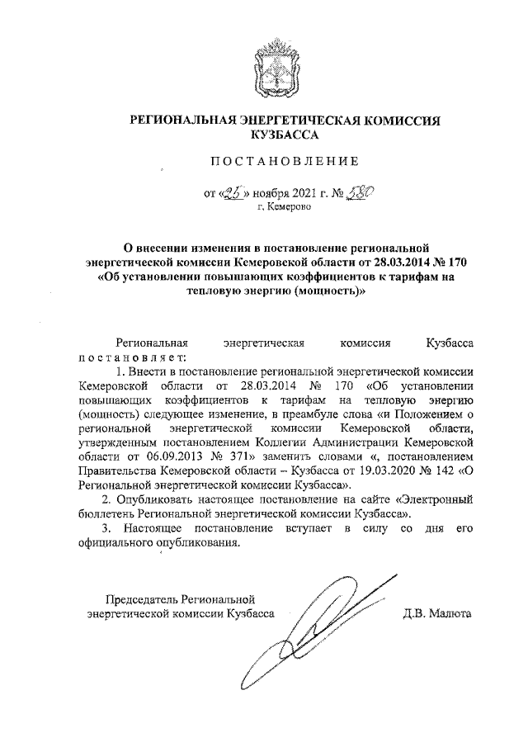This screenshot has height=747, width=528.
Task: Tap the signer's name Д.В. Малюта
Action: (x=436, y=613)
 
